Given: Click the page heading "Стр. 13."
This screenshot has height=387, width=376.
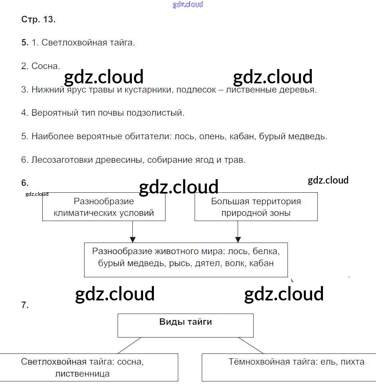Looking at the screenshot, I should tap(38, 20).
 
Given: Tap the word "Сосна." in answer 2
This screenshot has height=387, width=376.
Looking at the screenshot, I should tap(46, 66).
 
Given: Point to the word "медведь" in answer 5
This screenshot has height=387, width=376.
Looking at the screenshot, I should tap(309, 136).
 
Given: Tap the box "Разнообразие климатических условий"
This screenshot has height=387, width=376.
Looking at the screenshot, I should tap(104, 207).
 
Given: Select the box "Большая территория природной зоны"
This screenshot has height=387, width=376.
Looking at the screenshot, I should tap(256, 207).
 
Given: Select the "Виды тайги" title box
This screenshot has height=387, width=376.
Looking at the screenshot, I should tap(185, 325).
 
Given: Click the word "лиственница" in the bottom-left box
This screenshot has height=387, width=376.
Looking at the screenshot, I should tap(83, 374).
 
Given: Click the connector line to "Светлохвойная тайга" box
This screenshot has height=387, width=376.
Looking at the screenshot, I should tap(130, 345).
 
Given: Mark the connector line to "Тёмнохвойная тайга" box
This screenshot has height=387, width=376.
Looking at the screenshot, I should tap(251, 345).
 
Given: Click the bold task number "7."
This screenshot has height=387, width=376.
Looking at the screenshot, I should tap(25, 305).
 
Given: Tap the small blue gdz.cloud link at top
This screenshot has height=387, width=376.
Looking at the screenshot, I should tap(188, 4).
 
